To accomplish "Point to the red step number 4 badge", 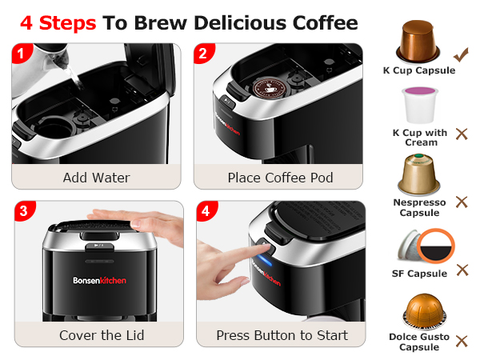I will coord(206,213).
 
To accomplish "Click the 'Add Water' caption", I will coord(96,178).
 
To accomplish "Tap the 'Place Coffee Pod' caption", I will coord(280,178).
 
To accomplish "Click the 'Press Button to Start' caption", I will coord(282,335).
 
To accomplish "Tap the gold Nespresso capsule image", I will coord(419,175).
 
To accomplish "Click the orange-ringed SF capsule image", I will coord(429,247).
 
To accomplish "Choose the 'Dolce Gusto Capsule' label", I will coord(419,342).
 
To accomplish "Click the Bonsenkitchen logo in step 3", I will coord(96,282).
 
